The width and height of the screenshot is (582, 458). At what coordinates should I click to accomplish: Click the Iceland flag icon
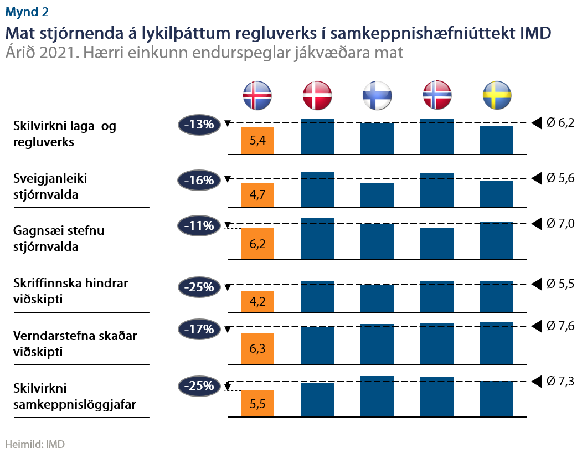(x=257, y=95)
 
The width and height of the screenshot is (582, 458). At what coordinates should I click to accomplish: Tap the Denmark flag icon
(x=317, y=95)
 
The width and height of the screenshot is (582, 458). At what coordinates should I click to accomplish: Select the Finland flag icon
(x=377, y=95)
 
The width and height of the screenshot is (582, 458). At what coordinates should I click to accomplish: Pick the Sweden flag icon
(x=497, y=95)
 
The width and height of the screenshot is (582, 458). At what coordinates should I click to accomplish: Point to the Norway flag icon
(x=437, y=95)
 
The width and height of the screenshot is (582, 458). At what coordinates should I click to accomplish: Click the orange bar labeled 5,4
(x=257, y=140)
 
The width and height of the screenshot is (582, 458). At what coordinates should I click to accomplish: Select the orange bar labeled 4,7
(x=257, y=195)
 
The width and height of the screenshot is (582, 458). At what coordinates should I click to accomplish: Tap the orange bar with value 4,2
(x=257, y=301)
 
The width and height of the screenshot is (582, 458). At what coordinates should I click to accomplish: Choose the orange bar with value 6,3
(x=257, y=348)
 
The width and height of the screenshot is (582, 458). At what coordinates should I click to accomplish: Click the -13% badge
(x=199, y=125)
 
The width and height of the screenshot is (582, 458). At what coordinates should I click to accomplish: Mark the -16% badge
(x=199, y=180)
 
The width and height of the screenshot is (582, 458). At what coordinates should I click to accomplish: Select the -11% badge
(x=199, y=225)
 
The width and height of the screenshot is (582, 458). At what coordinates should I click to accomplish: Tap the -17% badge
(x=199, y=330)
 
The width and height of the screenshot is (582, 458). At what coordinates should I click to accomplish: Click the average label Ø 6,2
(x=560, y=123)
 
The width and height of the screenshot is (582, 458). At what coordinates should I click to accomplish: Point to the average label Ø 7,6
(x=560, y=326)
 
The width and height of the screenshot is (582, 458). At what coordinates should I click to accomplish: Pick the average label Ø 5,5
(x=560, y=284)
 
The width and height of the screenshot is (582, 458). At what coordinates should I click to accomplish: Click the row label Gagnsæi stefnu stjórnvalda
(x=59, y=238)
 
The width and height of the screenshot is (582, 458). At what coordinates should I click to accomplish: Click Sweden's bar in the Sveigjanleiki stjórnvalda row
(x=497, y=193)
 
